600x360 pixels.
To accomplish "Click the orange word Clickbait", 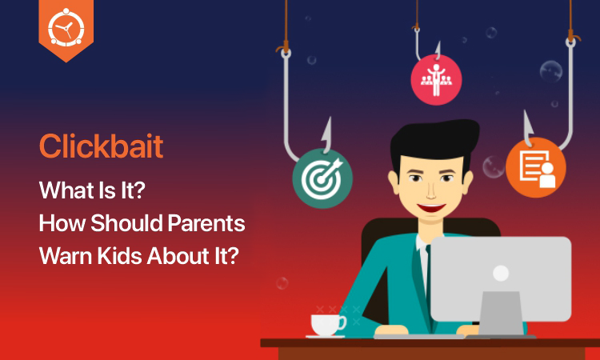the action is click(x=102, y=146).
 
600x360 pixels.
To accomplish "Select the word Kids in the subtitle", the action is click(x=119, y=255).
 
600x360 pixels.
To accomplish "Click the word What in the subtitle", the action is click(x=62, y=190).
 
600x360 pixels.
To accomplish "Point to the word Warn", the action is click(x=65, y=255).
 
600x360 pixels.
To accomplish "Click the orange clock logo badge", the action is click(x=66, y=30).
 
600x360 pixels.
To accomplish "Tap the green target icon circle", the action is click(x=322, y=178).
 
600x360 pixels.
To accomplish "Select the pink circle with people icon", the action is click(x=436, y=80).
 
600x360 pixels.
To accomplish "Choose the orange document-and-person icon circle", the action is click(x=536, y=167).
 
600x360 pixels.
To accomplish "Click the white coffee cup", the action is click(x=327, y=325).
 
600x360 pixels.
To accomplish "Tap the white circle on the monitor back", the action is click(x=501, y=273).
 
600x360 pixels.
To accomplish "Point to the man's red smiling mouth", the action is click(x=431, y=208).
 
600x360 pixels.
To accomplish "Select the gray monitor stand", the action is click(x=501, y=314).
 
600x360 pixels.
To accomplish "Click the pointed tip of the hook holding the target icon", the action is click(x=328, y=118).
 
